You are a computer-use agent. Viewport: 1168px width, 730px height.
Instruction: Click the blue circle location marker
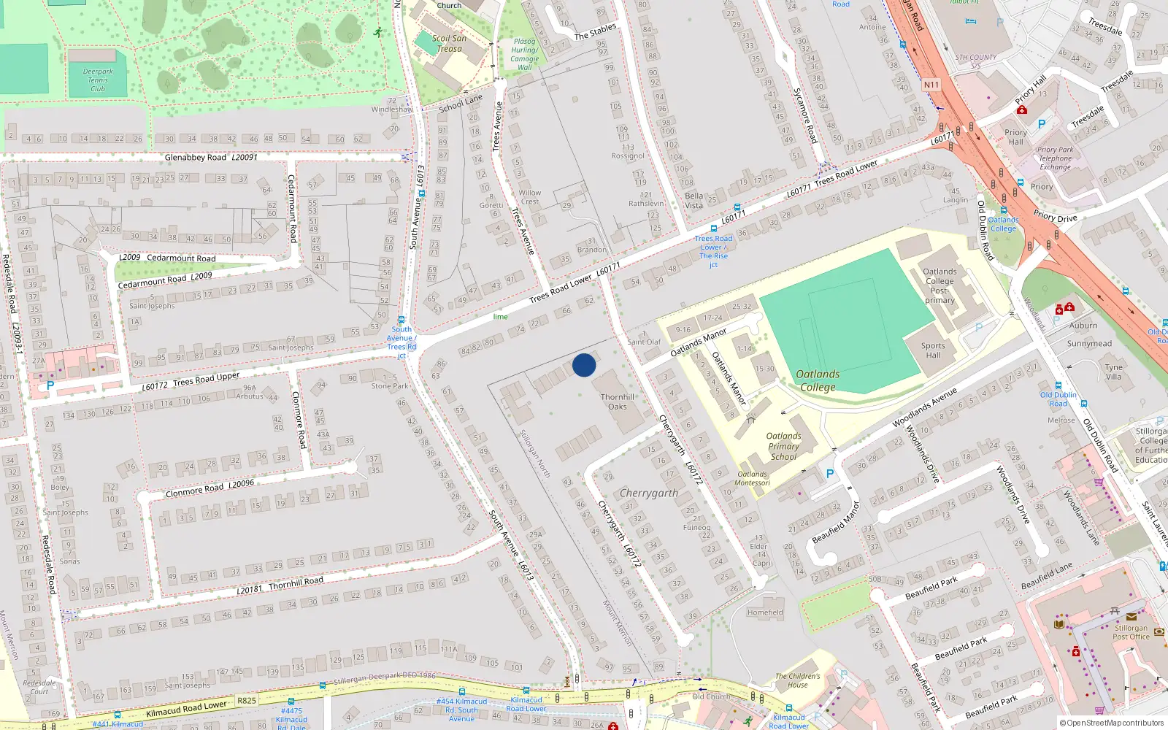[584, 365]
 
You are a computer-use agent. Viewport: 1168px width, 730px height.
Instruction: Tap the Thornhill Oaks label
[618, 401]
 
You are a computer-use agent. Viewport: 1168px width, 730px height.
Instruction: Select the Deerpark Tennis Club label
[98, 80]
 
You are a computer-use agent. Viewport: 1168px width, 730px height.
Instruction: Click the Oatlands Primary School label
[783, 446]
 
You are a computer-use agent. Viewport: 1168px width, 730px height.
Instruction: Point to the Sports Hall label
[933, 350]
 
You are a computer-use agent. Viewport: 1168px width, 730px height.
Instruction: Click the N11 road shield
[931, 85]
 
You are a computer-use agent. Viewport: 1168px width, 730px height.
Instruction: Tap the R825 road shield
[247, 701]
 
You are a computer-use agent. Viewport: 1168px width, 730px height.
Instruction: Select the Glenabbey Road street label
[196, 157]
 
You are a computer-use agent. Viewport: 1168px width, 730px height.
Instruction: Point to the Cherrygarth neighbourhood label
[649, 493]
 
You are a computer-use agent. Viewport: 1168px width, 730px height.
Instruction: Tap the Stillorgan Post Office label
[1131, 632]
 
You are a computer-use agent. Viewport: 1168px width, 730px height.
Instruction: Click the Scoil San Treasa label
[449, 44]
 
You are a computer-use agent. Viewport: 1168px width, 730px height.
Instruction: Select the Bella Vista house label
[694, 200]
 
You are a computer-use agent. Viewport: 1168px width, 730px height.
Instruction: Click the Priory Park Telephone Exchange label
[1055, 158]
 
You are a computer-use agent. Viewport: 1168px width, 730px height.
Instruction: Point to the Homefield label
[765, 612]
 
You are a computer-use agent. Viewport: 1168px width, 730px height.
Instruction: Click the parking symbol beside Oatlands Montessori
[829, 474]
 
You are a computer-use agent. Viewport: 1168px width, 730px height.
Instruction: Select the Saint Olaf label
[643, 342]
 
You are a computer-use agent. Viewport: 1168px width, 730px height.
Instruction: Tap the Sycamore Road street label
[804, 115]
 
